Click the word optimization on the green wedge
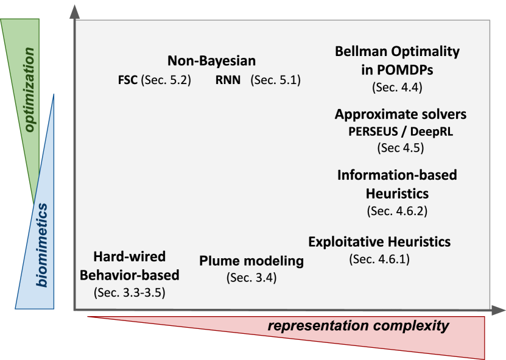coord(30,90)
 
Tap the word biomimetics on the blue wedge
coord(42,245)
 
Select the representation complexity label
coord(358,326)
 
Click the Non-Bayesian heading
coord(212,61)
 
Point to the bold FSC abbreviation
coord(128,80)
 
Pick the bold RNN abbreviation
coord(228,80)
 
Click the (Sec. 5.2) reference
coord(166,80)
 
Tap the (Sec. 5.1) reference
coord(276,80)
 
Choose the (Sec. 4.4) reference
coord(397,87)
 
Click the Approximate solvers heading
coord(401,115)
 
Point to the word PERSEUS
coord(373,132)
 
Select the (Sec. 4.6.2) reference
coord(397,211)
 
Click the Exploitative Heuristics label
coord(379,242)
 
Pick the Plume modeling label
coord(251,261)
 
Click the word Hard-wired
coord(130,256)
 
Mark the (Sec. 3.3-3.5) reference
coord(130,292)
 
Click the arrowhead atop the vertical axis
coord(75,12)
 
